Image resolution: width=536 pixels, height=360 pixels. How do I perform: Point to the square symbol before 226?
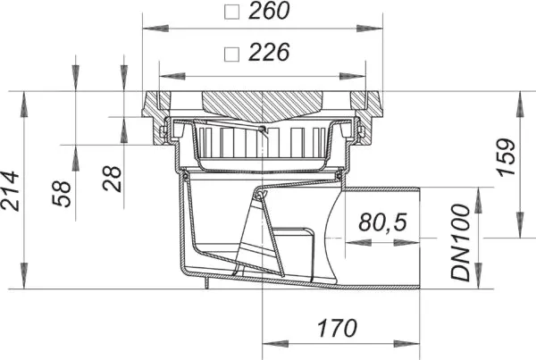pyautogui.click(x=232, y=53)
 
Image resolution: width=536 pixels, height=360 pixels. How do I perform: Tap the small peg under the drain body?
pyautogui.click(x=207, y=285)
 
